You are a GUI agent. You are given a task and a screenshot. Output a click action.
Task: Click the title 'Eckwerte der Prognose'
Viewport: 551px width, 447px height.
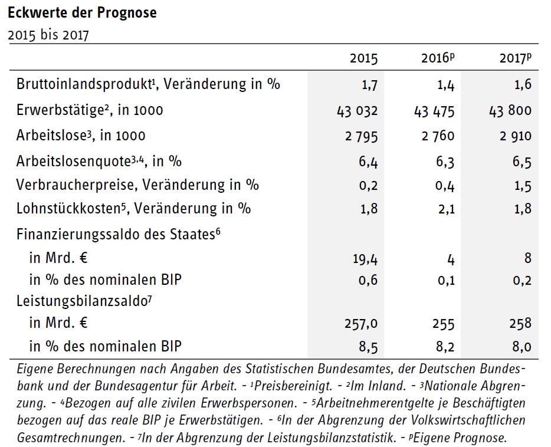point(82,12)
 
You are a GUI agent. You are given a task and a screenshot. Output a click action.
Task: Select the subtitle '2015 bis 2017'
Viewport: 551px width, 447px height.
point(48,35)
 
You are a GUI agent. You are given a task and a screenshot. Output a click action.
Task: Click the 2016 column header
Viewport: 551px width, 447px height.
point(438,58)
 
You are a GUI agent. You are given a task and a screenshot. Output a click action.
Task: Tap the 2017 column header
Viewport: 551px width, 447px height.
point(516,58)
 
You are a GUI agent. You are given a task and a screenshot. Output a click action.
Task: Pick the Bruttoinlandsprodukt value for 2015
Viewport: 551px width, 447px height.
point(370,85)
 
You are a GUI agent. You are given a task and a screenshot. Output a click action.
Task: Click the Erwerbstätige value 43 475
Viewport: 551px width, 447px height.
point(434,111)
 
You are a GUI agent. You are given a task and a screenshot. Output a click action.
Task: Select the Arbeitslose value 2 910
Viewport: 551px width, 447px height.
point(516,136)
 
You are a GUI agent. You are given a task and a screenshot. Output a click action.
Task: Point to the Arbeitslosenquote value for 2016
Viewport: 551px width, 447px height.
point(445,162)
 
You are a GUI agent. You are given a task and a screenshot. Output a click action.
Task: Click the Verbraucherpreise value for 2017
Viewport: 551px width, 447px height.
point(523,186)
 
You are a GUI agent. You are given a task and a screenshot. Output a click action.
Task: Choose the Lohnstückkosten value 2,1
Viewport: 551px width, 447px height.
point(446,209)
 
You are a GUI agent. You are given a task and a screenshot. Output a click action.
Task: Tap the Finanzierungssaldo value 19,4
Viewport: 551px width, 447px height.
point(365,259)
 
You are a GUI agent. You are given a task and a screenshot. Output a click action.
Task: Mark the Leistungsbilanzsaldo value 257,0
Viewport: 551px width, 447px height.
point(361,323)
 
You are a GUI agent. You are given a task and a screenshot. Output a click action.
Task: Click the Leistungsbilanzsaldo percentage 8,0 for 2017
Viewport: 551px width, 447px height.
point(522,347)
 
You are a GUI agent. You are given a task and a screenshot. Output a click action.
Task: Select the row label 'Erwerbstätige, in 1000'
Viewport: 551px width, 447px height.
point(90,110)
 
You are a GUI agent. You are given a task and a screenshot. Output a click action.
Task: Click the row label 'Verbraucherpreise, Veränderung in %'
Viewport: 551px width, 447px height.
point(137,185)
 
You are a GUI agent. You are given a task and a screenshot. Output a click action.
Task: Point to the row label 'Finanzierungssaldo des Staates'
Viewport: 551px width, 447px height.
point(119,234)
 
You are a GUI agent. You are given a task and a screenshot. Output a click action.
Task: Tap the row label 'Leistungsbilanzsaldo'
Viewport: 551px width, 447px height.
point(84,301)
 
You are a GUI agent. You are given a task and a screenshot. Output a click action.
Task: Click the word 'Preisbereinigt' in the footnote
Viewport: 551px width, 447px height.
point(293,386)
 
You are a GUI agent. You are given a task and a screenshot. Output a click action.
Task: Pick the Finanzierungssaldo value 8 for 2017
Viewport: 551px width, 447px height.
point(528,258)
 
